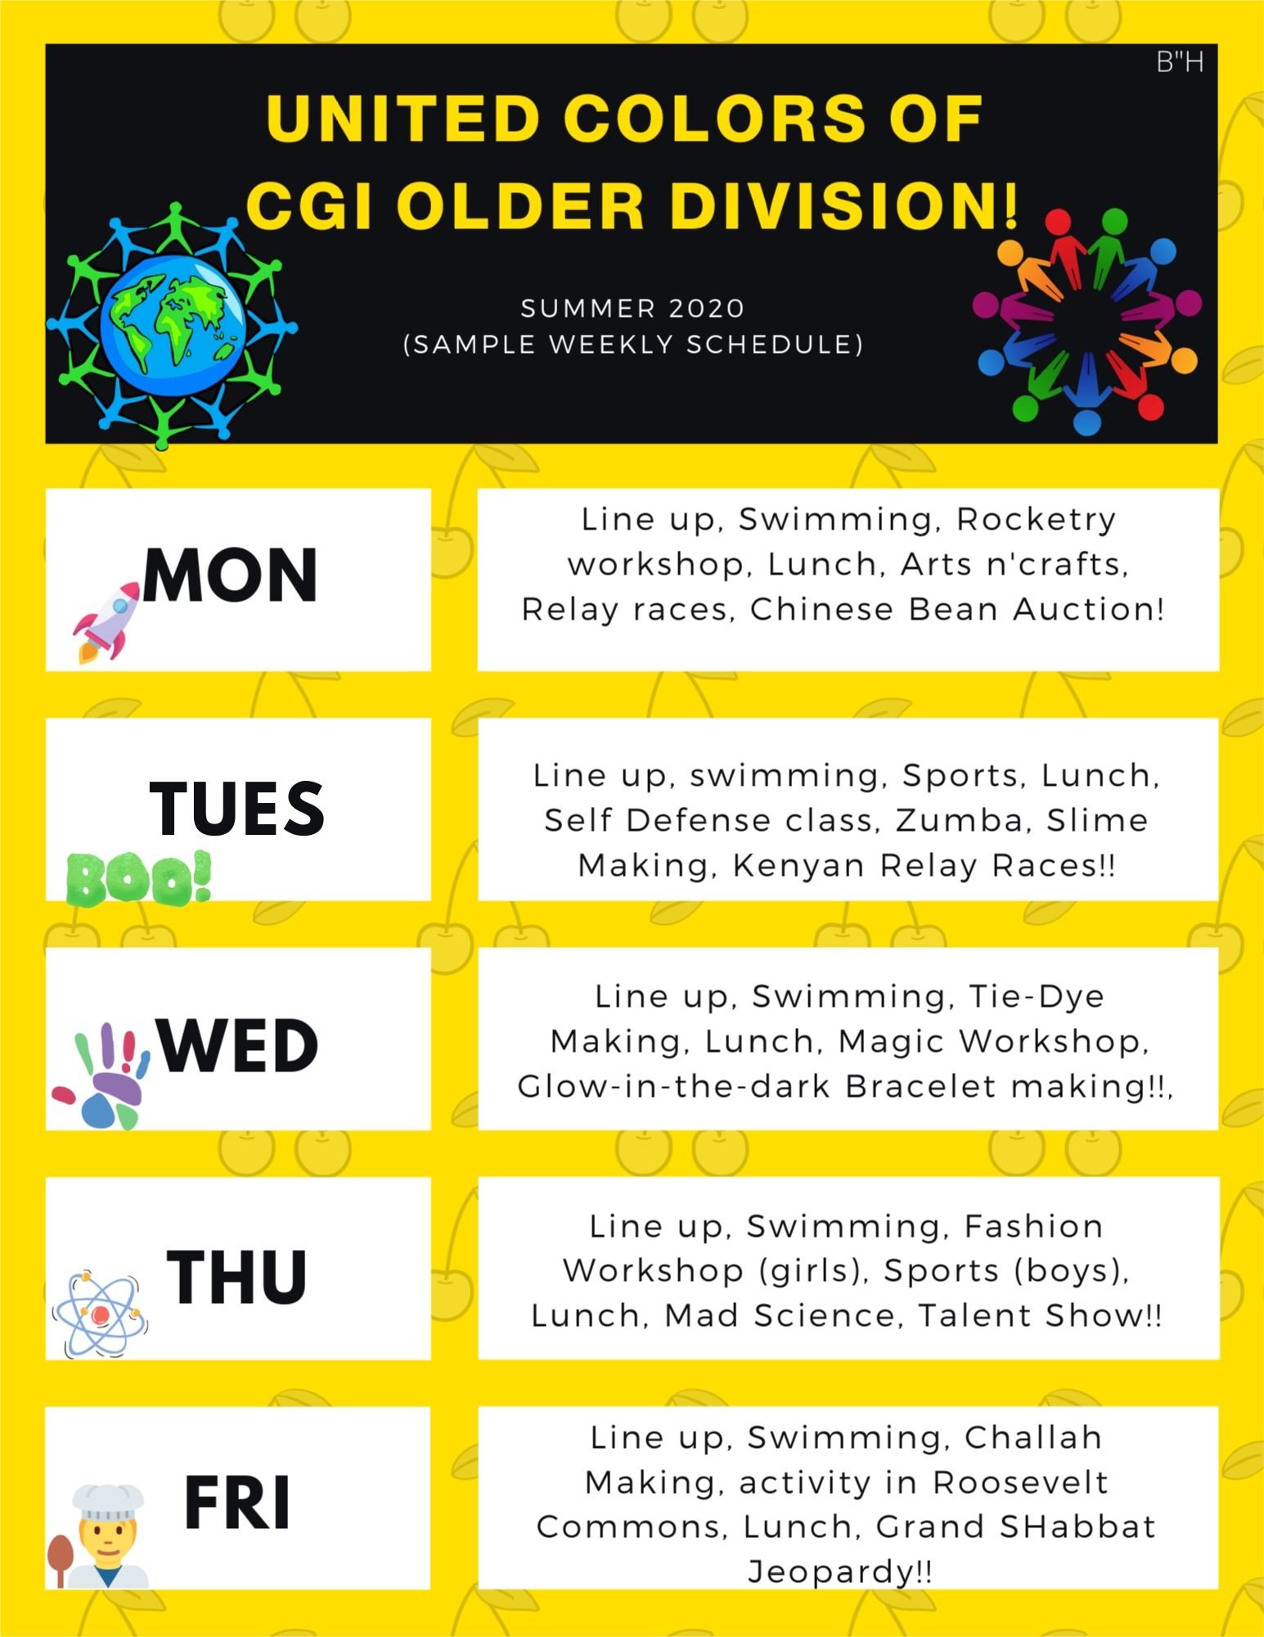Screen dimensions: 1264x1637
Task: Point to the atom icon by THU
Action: click(x=101, y=1314)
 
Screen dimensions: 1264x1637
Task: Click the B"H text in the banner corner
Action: click(x=1180, y=62)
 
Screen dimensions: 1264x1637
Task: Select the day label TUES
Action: click(x=237, y=808)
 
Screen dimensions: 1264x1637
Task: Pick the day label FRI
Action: click(x=237, y=1503)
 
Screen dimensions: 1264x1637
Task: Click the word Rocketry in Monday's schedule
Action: click(x=1036, y=519)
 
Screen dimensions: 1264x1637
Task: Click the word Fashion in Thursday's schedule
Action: click(x=1034, y=1226)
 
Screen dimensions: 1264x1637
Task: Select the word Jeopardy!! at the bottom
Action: click(x=840, y=1572)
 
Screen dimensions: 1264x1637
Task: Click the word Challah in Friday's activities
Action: click(x=1033, y=1437)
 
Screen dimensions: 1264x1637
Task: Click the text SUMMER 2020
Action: click(x=633, y=309)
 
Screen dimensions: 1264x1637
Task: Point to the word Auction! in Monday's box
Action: click(x=1088, y=610)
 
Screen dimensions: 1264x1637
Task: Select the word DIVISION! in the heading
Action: click(x=845, y=205)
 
